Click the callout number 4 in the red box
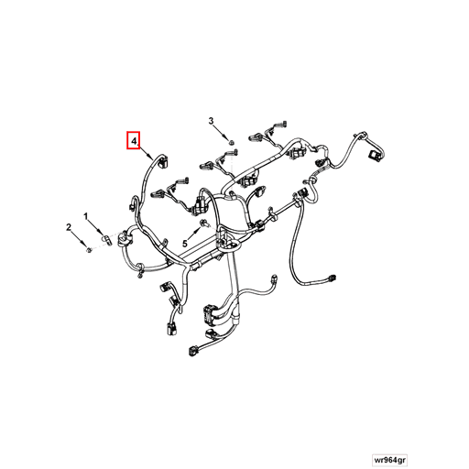click(134, 141)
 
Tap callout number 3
click(211, 121)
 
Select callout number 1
click(87, 216)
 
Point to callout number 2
click(69, 225)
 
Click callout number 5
click(184, 244)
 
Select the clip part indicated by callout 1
click(107, 240)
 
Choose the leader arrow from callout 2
click(78, 237)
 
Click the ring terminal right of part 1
click(126, 236)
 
